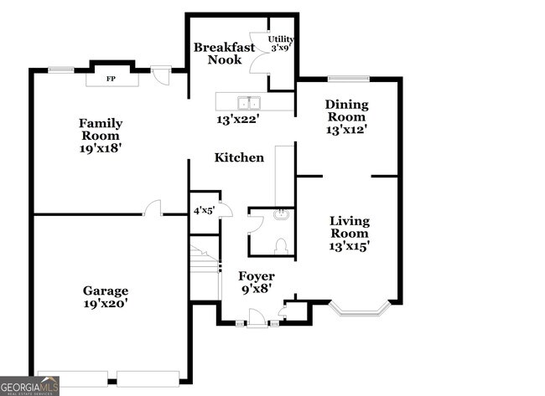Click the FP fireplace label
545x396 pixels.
click(110, 80)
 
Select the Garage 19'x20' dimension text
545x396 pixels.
click(105, 304)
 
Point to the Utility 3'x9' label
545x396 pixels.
click(280, 44)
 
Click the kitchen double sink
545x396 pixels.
click(248, 103)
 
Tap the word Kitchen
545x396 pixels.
click(239, 157)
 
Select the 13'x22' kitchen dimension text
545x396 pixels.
click(238, 120)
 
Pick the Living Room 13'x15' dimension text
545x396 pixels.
click(350, 246)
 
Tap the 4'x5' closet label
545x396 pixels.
click(204, 211)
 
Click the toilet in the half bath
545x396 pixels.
click(282, 245)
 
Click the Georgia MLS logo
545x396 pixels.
click(30, 385)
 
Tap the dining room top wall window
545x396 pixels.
click(348, 79)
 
